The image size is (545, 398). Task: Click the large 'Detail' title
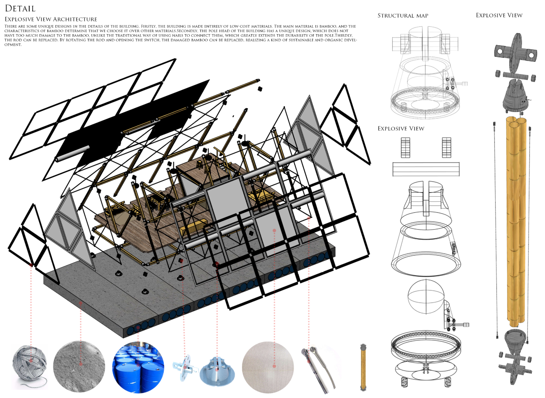(x=20, y=8)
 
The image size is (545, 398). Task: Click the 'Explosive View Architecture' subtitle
(x=51, y=19)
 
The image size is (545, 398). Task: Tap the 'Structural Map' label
(x=403, y=16)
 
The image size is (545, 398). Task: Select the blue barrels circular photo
(x=138, y=367)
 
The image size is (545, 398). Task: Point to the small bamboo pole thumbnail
(x=363, y=367)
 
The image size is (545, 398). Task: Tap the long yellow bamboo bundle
(x=516, y=222)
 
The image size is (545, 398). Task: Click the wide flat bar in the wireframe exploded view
(x=426, y=169)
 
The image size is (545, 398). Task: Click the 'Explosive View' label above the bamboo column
(x=499, y=15)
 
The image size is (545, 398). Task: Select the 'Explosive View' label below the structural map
(x=401, y=128)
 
